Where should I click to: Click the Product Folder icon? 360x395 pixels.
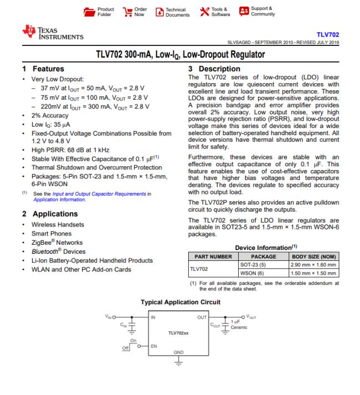point(89,12)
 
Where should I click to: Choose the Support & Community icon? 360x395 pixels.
point(243,12)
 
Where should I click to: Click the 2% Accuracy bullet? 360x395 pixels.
point(48,116)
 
